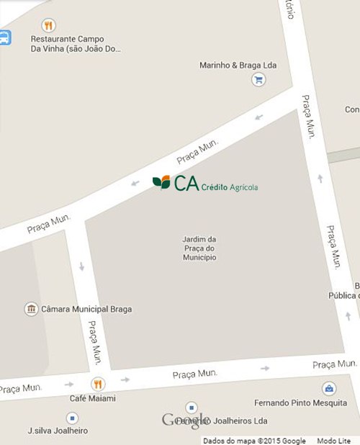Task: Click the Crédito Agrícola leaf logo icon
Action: click(x=161, y=182)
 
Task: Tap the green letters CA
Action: click(x=185, y=183)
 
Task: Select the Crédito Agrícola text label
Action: click(x=229, y=187)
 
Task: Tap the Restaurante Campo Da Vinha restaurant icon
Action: click(x=48, y=24)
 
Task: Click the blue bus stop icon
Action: click(x=4, y=37)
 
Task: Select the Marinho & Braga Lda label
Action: click(x=238, y=66)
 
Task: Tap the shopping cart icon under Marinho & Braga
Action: click(x=258, y=80)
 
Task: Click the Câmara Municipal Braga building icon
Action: click(x=31, y=309)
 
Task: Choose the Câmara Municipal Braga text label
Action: click(x=87, y=310)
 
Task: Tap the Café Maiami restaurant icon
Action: click(x=98, y=384)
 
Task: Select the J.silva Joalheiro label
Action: click(x=58, y=431)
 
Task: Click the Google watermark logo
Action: click(x=186, y=420)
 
